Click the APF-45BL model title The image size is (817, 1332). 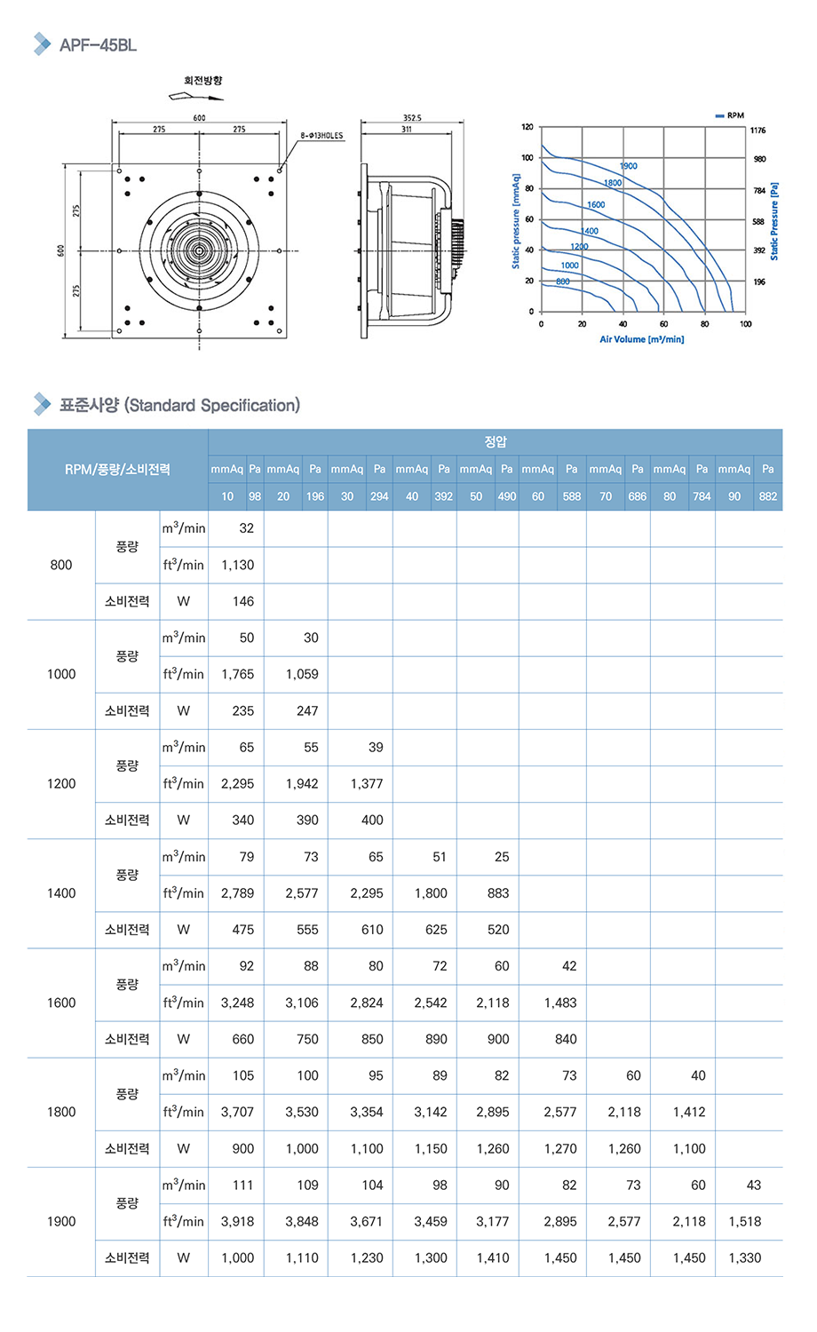[x=98, y=45]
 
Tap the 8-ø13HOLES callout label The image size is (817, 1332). [x=321, y=136]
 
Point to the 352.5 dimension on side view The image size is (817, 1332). [x=412, y=118]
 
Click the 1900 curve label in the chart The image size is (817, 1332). [x=629, y=166]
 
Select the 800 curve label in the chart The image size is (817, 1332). [x=563, y=281]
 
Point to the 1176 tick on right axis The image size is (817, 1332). [x=758, y=131]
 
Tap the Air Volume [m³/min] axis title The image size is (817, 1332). [x=641, y=339]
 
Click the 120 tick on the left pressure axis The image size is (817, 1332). [x=527, y=127]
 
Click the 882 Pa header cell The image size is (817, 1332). [x=768, y=496]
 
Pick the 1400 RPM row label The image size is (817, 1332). [x=61, y=893]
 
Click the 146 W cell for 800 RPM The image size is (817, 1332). [x=243, y=601]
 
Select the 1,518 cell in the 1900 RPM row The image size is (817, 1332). [x=745, y=1221]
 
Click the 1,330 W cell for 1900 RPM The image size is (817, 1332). [x=745, y=1257]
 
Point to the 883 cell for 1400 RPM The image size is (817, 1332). [x=498, y=893]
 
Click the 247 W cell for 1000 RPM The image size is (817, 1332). [x=307, y=710]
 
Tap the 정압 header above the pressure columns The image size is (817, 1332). [x=496, y=442]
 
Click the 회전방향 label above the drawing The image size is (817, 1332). [x=203, y=81]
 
